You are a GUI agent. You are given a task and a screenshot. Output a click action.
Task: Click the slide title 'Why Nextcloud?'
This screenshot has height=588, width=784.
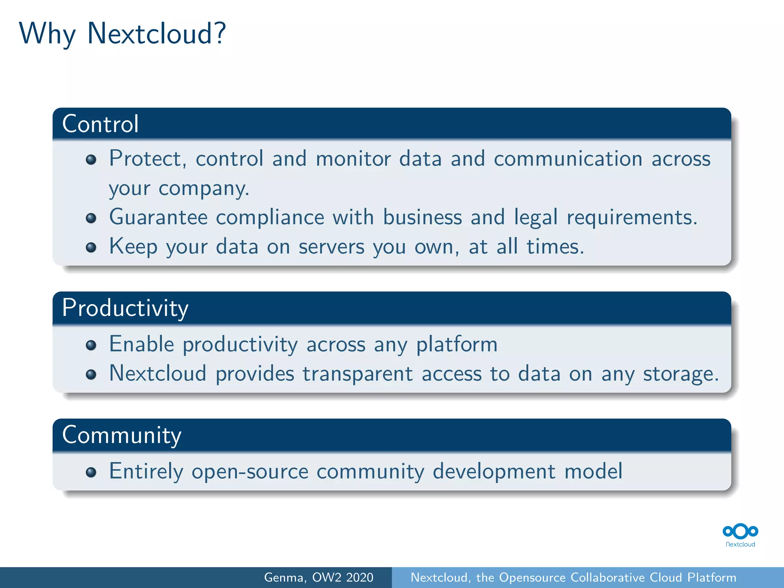[x=122, y=34]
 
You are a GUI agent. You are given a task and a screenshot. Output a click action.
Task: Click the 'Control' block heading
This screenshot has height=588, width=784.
[x=100, y=124]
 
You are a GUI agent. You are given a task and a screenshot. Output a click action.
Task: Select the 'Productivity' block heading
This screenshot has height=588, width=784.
[x=125, y=308]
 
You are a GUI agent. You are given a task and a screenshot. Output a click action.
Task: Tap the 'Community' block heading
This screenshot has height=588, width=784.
[x=122, y=435]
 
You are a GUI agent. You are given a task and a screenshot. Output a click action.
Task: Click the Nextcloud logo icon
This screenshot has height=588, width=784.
[x=740, y=532]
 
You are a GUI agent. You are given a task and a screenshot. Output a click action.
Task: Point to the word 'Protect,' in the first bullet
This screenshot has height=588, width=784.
[x=148, y=158]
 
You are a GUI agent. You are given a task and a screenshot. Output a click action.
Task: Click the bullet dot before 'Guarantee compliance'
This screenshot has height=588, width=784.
[x=91, y=218]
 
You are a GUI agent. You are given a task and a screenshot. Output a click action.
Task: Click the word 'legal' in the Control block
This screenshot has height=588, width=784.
[x=536, y=217]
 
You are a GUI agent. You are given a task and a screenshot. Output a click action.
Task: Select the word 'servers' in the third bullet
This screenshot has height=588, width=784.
[x=332, y=247]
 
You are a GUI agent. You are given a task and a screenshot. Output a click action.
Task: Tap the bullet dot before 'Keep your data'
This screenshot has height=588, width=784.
[x=91, y=247]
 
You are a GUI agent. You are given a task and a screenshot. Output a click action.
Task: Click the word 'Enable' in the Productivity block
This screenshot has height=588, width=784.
[x=142, y=344]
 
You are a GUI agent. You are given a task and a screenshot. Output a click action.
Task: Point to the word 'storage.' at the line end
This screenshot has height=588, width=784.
[x=681, y=374]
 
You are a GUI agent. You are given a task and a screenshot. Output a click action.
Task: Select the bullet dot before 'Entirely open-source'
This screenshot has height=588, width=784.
[x=91, y=472]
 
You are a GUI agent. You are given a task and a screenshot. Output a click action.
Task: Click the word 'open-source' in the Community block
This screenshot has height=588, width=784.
[x=250, y=471]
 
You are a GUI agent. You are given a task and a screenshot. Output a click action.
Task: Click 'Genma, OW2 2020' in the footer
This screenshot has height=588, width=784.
[x=318, y=577]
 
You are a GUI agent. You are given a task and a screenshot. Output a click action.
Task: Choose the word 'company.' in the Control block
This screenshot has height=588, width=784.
[x=204, y=188]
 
